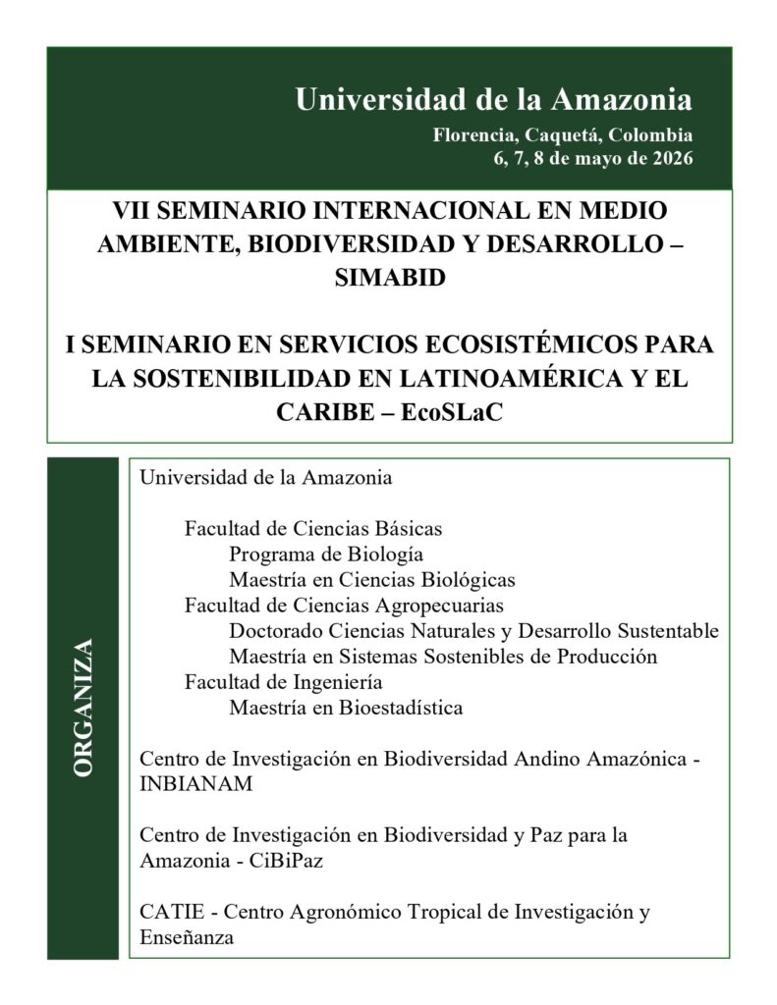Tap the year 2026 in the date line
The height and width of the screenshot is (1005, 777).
point(669,159)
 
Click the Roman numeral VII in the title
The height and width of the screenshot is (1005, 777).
point(133,210)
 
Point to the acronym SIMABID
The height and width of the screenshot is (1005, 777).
point(389,278)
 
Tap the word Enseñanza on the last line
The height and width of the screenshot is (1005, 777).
point(187,937)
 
